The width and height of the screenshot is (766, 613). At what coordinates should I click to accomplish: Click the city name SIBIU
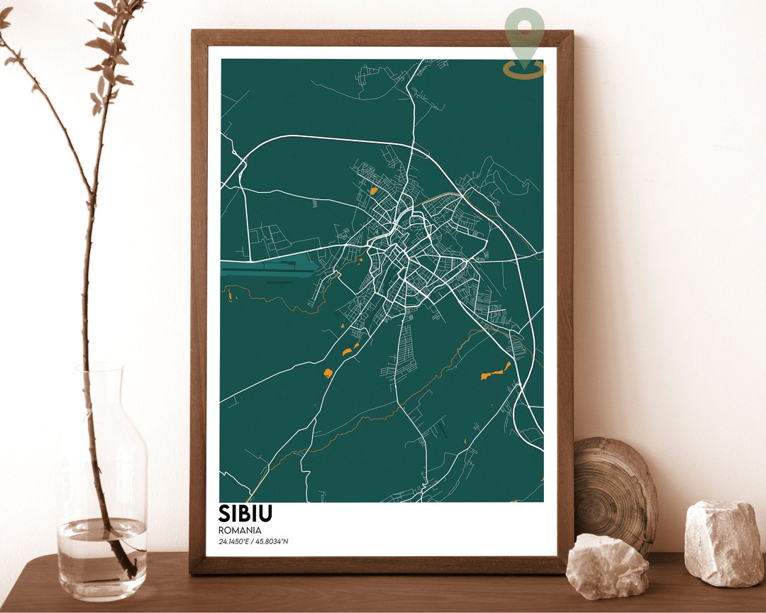coord(245,514)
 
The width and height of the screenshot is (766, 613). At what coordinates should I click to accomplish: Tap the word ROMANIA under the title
coord(240,530)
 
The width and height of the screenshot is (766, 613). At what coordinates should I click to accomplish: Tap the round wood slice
coord(614,490)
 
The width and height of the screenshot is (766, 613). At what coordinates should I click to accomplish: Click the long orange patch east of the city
coord(495,372)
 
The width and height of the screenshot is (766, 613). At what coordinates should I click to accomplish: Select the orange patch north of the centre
coord(373,190)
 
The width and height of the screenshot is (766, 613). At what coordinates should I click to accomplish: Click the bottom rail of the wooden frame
coord(383,565)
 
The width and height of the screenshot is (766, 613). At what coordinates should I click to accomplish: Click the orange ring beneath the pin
coord(525,70)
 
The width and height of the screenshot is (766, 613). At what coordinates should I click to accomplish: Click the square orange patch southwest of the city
coord(328,372)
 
